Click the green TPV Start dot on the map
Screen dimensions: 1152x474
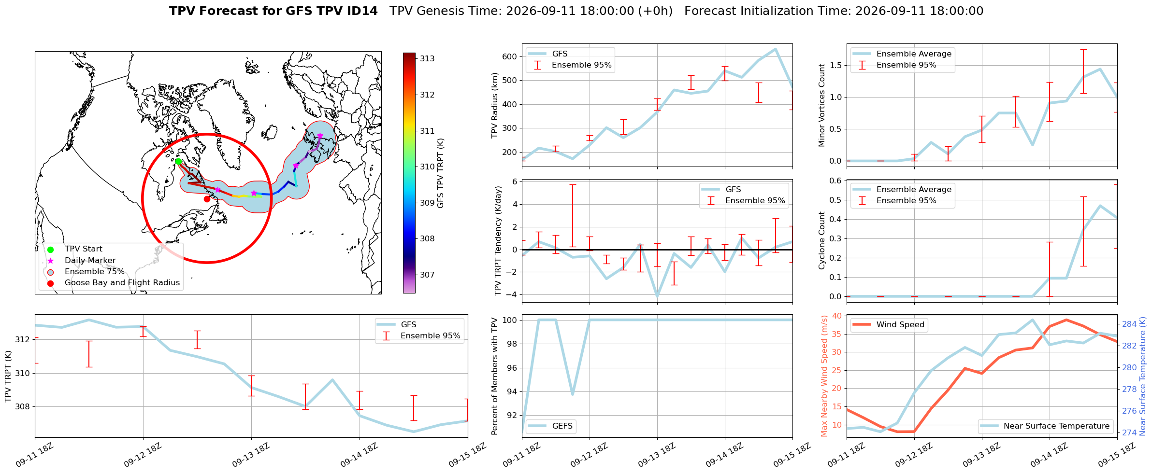178,161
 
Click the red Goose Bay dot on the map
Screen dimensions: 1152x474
207,199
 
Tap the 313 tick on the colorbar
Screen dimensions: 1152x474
427,59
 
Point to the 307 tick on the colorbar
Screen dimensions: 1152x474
427,275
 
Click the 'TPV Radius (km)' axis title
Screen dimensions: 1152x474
495,105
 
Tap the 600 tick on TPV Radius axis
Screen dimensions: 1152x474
510,56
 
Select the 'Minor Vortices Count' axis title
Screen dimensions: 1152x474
822,105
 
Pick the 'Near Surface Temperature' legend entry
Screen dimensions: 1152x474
1046,426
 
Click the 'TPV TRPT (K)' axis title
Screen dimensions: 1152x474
8,376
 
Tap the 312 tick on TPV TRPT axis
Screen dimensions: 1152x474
23,340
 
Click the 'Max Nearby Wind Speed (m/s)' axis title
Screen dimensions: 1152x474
824,376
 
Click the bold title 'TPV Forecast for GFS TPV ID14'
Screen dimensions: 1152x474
274,11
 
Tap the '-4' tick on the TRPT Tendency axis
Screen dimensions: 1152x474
512,294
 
